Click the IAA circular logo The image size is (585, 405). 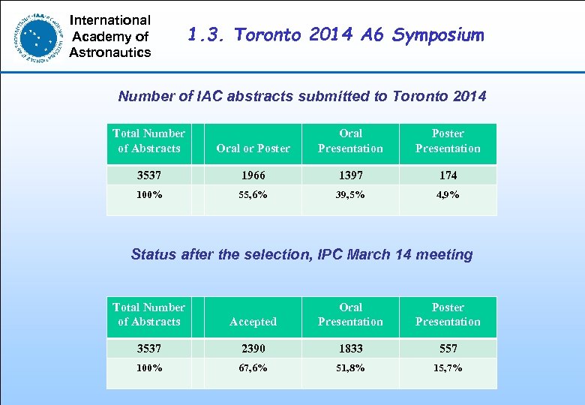(x=38, y=35)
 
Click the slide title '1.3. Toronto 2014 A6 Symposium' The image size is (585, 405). (x=336, y=35)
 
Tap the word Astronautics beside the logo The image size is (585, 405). (x=110, y=52)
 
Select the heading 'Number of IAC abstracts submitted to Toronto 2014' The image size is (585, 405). (x=302, y=96)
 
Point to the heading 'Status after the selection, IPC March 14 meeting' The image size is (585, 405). (x=301, y=254)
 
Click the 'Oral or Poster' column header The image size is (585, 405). (x=253, y=148)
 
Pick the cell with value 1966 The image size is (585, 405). (x=253, y=175)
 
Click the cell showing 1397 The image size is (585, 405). (x=350, y=175)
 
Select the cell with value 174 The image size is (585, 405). (x=448, y=175)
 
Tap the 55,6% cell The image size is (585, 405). (x=253, y=194)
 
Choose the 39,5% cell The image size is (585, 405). (x=350, y=194)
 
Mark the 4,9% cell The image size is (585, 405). (x=448, y=194)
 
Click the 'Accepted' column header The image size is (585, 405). (x=253, y=322)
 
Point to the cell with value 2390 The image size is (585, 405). (x=253, y=349)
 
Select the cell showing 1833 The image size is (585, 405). (x=350, y=349)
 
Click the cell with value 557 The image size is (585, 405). (x=448, y=349)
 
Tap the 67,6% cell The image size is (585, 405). (x=253, y=368)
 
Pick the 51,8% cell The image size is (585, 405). (x=350, y=368)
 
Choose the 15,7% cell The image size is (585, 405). (x=448, y=368)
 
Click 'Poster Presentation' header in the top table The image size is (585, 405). (x=448, y=141)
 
